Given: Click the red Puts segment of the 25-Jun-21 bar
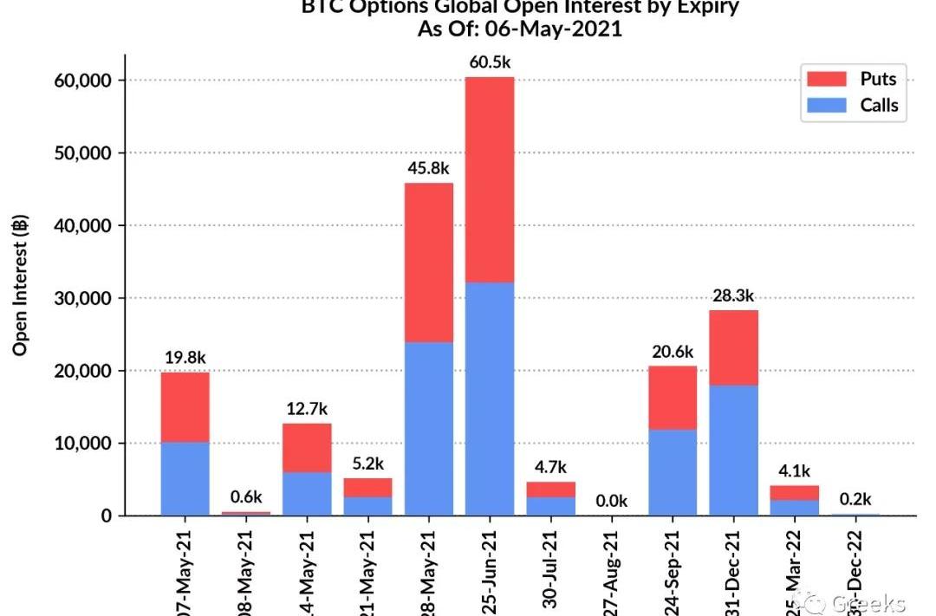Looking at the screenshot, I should [489, 179].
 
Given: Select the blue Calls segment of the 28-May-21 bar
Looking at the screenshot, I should [428, 428].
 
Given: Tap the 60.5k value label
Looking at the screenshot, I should [489, 63].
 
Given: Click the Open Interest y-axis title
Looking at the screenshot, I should [20, 286].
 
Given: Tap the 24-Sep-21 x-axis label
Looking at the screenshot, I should [673, 572].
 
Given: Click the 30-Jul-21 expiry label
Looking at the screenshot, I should [551, 572].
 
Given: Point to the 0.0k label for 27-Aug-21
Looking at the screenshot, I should [611, 502].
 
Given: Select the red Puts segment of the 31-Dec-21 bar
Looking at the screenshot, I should [733, 347].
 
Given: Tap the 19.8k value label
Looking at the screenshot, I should [185, 358].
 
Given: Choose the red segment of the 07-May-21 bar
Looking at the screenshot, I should [185, 407].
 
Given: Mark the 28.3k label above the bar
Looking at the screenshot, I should [733, 296].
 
